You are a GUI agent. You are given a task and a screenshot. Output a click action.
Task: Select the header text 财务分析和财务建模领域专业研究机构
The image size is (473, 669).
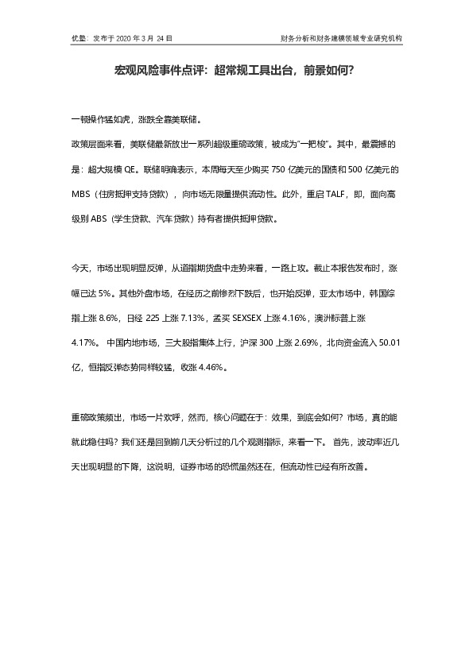pos(341,37)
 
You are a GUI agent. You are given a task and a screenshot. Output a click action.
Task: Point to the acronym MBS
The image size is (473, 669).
pos(82,193)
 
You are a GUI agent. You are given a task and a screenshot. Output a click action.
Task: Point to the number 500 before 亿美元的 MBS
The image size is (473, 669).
pos(358,169)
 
